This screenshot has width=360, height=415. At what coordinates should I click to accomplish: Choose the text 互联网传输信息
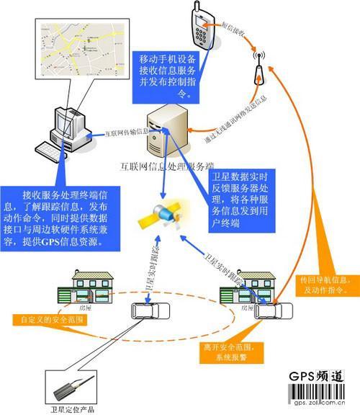[x=127, y=133]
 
